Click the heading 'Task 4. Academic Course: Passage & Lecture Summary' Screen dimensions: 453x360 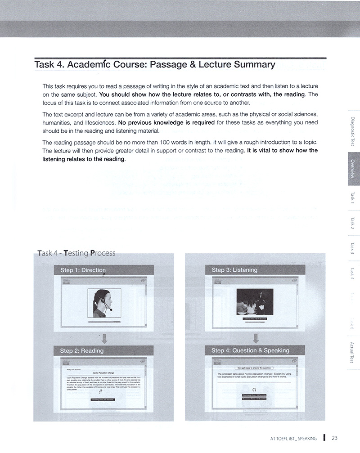coord(155,64)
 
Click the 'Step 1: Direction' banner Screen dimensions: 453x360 coord(83,270)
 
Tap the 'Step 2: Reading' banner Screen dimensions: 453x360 coord(82,350)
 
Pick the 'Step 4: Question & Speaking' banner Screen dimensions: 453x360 coord(250,350)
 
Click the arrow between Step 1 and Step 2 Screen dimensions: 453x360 coord(104,337)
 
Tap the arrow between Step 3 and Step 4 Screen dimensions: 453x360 coord(255,337)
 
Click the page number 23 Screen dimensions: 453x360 coord(334,438)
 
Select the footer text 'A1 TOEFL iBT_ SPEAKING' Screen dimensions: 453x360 coord(290,438)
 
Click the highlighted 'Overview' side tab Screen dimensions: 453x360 coord(353,169)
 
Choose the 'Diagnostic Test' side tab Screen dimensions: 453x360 coord(353,130)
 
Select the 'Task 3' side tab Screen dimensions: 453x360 coord(353,247)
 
